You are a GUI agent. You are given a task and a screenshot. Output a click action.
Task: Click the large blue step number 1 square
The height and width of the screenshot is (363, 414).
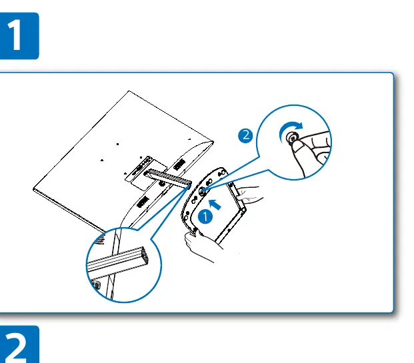click(19, 36)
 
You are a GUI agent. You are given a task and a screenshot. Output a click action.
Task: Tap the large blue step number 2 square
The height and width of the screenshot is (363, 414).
click(19, 344)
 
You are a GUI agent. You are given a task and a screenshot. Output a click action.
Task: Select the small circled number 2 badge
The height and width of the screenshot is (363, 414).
click(245, 135)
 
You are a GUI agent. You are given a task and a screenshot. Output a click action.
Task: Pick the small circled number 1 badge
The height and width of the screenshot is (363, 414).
click(205, 217)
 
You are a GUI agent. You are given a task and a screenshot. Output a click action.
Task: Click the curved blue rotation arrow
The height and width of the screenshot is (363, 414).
click(288, 128)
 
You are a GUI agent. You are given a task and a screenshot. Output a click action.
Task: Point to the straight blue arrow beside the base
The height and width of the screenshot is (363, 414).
click(215, 204)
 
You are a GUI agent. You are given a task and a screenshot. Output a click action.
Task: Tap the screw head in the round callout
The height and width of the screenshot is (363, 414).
click(292, 137)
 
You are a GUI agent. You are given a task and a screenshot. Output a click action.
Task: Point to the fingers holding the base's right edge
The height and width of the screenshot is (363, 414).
click(248, 194)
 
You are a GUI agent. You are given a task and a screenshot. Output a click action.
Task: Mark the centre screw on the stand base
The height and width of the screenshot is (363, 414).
click(202, 191)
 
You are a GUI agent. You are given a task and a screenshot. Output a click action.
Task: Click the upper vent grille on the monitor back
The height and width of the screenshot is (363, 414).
click(179, 165)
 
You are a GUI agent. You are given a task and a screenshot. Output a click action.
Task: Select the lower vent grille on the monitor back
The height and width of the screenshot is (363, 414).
click(143, 202)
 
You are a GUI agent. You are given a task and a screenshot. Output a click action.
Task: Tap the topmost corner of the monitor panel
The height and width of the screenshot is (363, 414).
click(129, 91)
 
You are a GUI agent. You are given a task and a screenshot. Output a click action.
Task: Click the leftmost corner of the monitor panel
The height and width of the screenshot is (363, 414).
click(33, 189)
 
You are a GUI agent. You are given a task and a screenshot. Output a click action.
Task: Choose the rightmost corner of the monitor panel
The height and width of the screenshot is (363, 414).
click(213, 142)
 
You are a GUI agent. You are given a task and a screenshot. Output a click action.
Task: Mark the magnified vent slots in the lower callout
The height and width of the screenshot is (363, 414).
click(101, 240)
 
